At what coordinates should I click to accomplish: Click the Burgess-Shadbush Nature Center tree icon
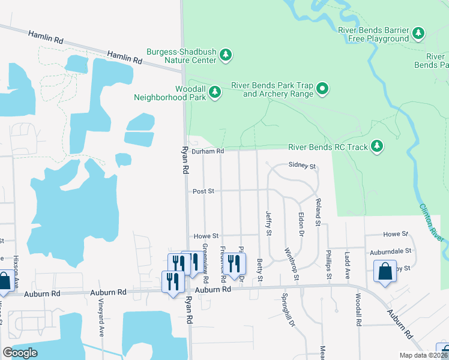[226, 56]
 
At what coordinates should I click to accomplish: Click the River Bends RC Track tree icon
[377, 146]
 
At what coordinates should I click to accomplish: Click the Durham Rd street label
[208, 151]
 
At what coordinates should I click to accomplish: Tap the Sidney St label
[302, 165]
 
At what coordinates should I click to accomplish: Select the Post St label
[203, 191]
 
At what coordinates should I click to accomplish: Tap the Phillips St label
[329, 265]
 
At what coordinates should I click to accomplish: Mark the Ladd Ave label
[347, 265]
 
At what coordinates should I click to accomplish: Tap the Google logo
[20, 353]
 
